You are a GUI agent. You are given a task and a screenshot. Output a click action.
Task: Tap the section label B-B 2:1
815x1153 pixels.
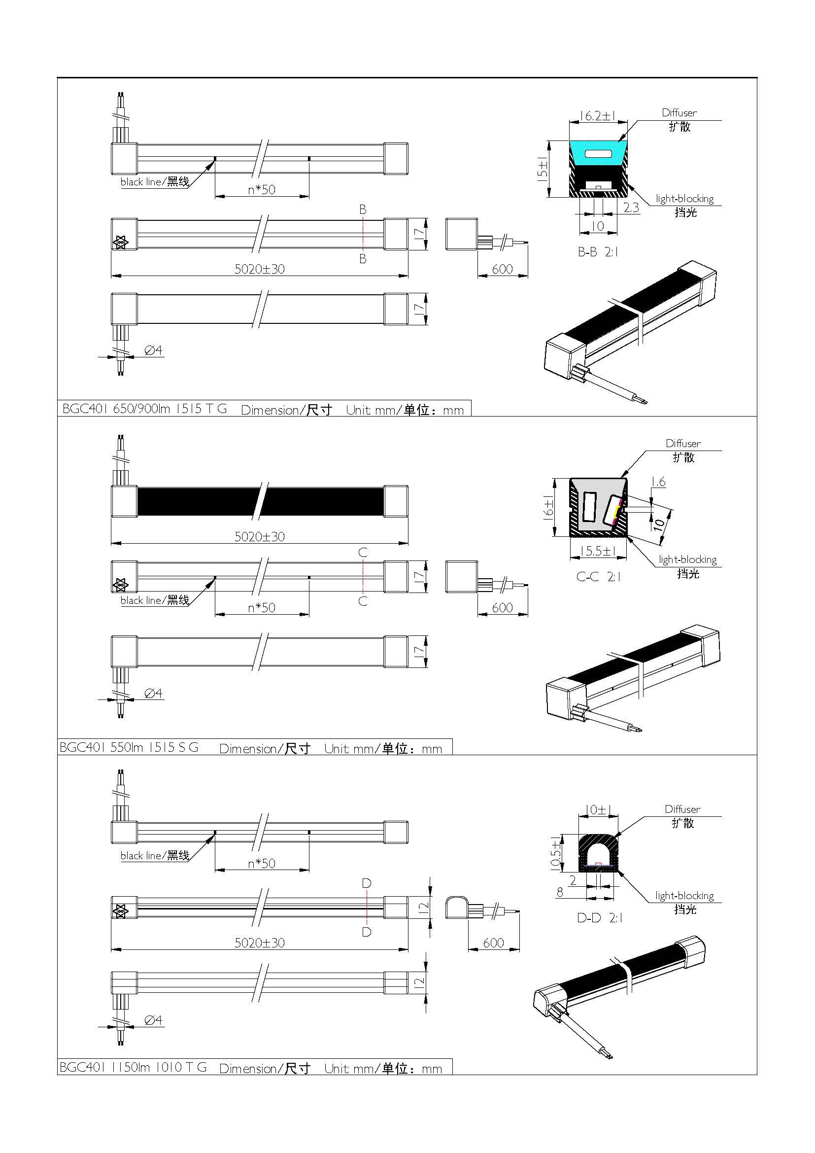point(598,252)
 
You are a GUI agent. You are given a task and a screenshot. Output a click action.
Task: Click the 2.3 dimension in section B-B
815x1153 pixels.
point(631,208)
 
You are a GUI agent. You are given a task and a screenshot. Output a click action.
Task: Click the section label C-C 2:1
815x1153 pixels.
point(598,577)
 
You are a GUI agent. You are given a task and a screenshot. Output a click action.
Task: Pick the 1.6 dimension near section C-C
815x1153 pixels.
point(658,482)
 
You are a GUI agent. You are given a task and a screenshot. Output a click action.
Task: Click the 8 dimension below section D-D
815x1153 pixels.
point(560,892)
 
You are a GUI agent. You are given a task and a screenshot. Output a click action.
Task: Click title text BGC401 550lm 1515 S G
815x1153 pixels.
point(129,747)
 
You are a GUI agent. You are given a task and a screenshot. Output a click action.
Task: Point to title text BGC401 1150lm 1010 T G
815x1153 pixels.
point(133,1067)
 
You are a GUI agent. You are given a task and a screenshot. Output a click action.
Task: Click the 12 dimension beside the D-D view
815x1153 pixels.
point(423,907)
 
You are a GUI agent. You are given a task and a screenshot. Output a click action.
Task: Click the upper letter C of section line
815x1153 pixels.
point(363,553)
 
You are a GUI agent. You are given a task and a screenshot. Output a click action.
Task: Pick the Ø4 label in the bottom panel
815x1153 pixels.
point(153,1020)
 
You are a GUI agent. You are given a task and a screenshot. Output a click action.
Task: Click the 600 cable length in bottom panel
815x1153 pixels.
point(493,943)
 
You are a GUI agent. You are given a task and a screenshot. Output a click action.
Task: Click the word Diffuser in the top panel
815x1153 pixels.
point(679,113)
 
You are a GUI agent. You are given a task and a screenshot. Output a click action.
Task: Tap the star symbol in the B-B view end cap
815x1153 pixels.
point(120,242)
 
